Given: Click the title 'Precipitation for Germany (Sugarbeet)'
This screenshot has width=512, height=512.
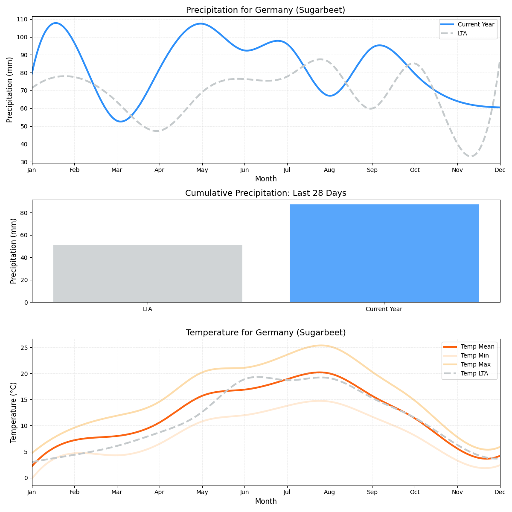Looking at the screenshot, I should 265,10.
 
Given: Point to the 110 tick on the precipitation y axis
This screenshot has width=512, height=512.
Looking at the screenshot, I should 23,19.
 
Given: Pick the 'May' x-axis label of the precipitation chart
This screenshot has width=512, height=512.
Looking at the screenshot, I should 202,170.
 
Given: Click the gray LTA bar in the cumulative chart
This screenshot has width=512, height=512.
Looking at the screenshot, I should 148,273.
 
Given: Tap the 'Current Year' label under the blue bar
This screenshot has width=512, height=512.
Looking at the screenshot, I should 384,309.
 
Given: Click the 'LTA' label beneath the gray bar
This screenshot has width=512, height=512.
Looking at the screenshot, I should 148,309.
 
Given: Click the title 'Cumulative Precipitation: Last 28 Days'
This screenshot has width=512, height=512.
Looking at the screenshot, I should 265,193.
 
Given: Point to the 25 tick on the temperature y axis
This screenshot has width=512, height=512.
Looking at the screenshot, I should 24,348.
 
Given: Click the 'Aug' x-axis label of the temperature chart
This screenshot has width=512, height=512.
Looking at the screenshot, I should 329,492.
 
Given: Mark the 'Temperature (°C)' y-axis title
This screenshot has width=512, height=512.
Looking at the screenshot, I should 14,412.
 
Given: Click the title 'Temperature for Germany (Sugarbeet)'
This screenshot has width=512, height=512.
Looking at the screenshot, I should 265,333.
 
